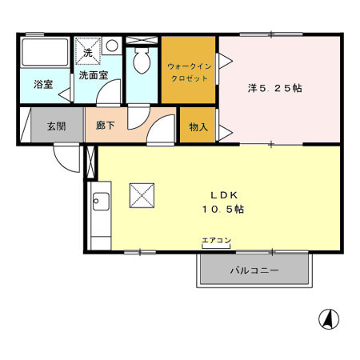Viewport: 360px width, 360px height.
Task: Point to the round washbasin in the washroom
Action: (113, 45)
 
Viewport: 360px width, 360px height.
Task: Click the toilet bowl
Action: (142, 61)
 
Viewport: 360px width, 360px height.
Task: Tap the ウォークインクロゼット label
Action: (188, 73)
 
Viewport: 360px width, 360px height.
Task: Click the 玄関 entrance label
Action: (55, 126)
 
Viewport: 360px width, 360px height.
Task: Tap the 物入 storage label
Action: (198, 126)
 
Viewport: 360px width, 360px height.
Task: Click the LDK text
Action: (222, 194)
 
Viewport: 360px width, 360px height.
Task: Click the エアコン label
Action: (216, 239)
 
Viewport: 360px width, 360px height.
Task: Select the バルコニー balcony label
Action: (254, 270)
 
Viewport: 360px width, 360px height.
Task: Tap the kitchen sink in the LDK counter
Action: (100, 202)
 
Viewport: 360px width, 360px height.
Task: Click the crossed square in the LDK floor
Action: (142, 194)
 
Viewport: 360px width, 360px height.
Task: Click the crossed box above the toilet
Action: (142, 38)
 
